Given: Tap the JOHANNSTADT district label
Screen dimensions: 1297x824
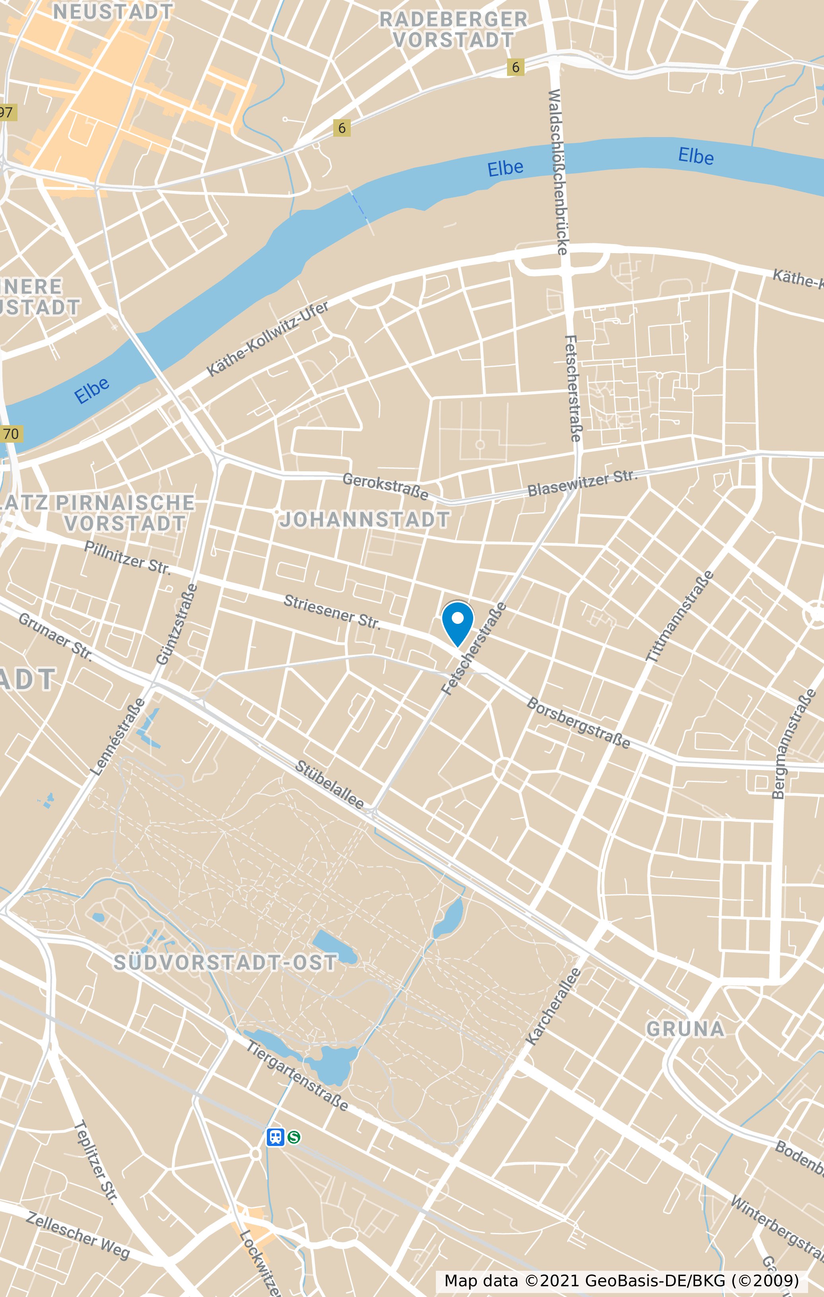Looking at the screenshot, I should pyautogui.click(x=365, y=520).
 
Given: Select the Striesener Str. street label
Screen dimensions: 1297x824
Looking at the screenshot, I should pyautogui.click(x=332, y=612).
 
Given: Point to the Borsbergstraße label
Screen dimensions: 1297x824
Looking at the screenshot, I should pyautogui.click(x=578, y=723).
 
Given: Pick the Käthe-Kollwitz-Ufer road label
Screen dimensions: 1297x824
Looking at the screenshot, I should pyautogui.click(x=268, y=339).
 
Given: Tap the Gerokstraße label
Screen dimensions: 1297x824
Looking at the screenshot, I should pyautogui.click(x=385, y=486).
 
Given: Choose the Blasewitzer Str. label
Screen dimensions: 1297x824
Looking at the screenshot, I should pyautogui.click(x=582, y=483).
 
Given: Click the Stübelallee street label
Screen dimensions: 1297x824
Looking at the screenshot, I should pyautogui.click(x=329, y=784).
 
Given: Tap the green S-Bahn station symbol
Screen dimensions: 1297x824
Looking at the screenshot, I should pyautogui.click(x=294, y=1137).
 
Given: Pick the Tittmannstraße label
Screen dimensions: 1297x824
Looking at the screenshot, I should pyautogui.click(x=680, y=616).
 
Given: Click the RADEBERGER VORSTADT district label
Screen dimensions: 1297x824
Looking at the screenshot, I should pyautogui.click(x=453, y=30).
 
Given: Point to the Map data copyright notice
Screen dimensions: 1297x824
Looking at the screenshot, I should pyautogui.click(x=621, y=1280).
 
